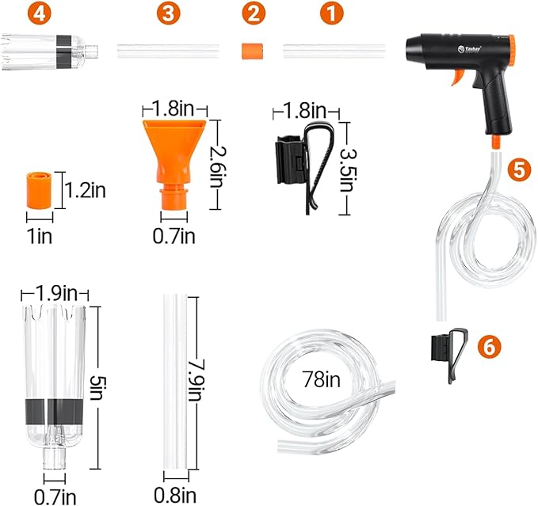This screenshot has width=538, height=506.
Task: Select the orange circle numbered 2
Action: click(252, 13)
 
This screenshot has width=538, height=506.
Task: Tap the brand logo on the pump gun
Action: click(464, 46)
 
